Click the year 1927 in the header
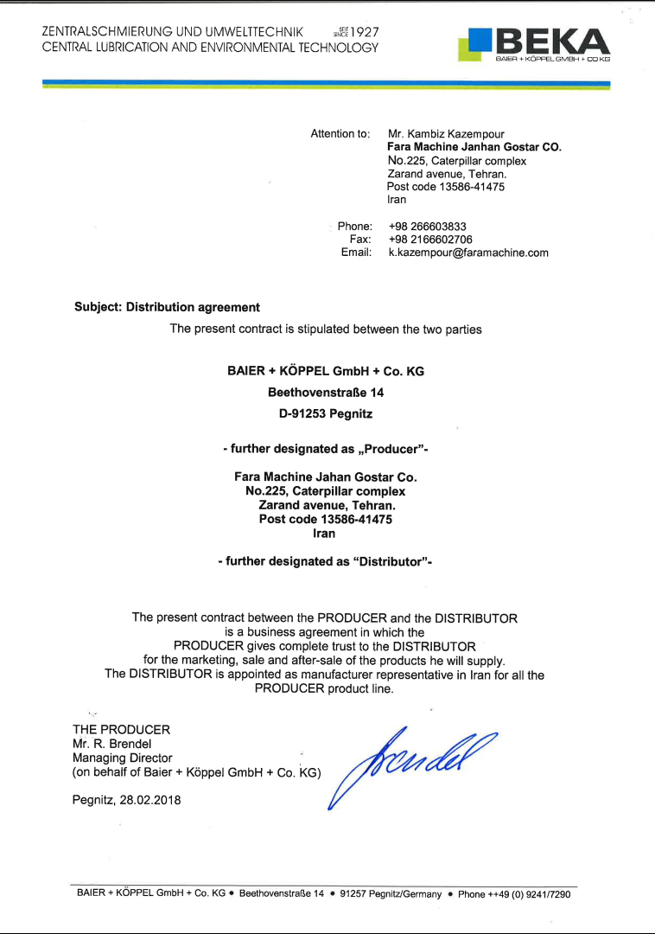(x=364, y=32)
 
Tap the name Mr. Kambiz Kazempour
(x=446, y=134)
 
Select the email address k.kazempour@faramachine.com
(x=468, y=253)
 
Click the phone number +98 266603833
(x=428, y=227)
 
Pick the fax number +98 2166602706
(x=430, y=240)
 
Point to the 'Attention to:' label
(x=340, y=134)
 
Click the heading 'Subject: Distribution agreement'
(x=167, y=307)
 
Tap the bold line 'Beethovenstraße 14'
(x=326, y=392)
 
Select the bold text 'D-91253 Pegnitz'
(x=326, y=413)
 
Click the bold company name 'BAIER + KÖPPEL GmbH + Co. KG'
(x=326, y=371)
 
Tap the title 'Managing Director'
(x=123, y=758)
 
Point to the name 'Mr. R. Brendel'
(x=113, y=744)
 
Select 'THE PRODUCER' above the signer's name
(x=121, y=729)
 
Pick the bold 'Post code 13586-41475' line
(x=325, y=520)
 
